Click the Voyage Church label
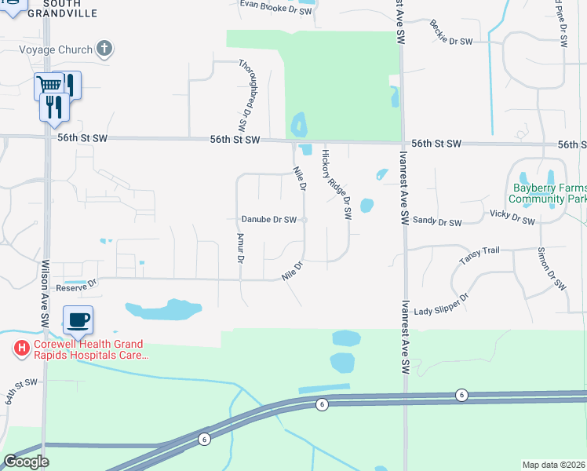tap(56, 50)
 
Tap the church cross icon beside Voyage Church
tap(104, 49)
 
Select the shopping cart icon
tap(49, 85)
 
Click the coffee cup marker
tap(78, 320)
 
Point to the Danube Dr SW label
tap(268, 220)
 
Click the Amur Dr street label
tap(241, 248)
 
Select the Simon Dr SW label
tap(552, 272)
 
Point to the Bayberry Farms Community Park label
tap(549, 193)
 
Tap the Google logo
tap(26, 461)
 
